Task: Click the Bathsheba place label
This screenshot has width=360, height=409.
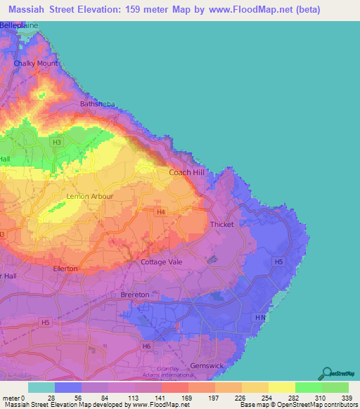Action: tap(97, 104)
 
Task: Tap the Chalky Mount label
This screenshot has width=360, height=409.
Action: tap(36, 63)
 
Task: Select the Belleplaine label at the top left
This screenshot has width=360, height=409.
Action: tap(19, 25)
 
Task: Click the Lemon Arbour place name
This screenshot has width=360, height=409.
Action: tap(89, 196)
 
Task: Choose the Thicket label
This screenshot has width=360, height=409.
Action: tap(222, 224)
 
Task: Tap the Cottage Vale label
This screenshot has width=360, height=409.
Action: tap(162, 262)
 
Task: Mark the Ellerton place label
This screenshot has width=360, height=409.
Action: tap(65, 268)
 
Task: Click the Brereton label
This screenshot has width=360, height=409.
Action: tap(135, 294)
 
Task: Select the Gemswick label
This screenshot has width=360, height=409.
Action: tap(207, 366)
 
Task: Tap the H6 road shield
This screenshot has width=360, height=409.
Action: tap(146, 346)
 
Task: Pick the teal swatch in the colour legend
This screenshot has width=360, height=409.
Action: tap(41, 388)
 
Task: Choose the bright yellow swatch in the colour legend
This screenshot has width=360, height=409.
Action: tap(282, 388)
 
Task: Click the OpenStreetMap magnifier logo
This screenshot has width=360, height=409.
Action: tap(328, 372)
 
